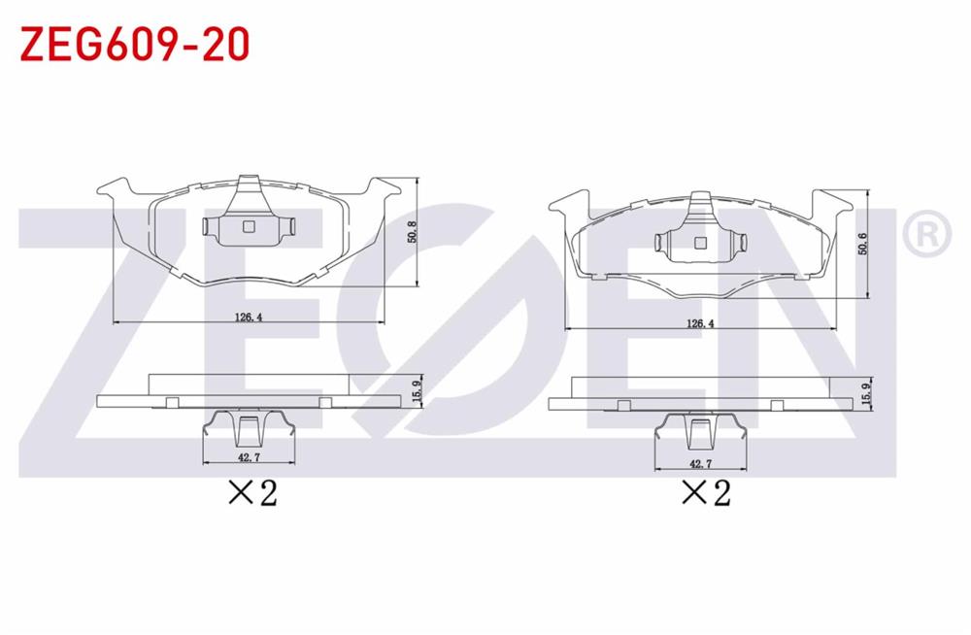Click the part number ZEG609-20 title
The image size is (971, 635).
135,44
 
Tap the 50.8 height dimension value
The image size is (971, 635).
412,233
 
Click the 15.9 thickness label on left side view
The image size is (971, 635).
416,391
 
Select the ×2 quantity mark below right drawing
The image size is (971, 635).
706,493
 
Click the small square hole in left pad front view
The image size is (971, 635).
247,227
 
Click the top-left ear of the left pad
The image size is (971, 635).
115,186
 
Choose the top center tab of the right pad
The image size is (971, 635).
701,199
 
